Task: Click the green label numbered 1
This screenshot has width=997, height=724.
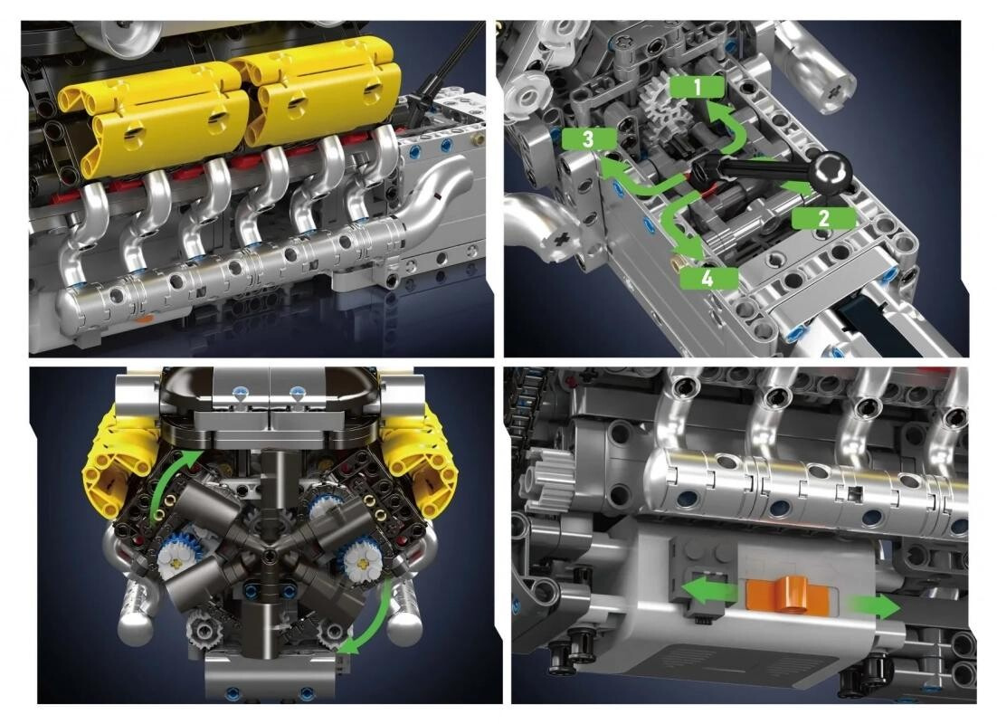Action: [697, 87]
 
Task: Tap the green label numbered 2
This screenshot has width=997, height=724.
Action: [823, 218]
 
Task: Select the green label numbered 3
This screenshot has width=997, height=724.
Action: [588, 139]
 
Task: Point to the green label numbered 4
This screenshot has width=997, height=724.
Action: [708, 278]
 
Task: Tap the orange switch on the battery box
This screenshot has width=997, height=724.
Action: [788, 595]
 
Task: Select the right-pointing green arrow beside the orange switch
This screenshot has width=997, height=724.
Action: [875, 607]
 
